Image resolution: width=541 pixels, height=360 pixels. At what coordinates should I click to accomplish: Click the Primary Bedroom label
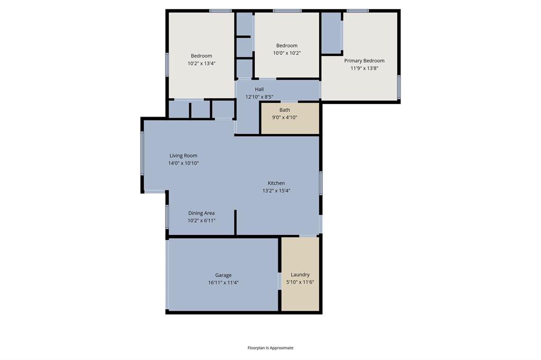coord(364,61)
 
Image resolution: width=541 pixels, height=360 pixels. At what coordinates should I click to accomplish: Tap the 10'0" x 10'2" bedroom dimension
coord(287,53)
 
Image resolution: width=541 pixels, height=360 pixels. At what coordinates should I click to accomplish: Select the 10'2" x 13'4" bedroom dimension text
coord(201,63)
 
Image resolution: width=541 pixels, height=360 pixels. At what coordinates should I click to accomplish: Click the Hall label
coord(259,89)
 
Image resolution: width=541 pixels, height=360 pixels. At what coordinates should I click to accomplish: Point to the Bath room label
coord(285,110)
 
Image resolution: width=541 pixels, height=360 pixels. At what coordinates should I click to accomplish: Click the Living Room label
coord(183,156)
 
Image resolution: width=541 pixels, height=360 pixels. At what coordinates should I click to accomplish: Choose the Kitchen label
coord(276,183)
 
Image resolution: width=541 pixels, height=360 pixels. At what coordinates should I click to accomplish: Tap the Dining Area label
coord(201,213)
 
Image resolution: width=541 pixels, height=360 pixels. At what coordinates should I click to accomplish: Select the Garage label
coord(223,275)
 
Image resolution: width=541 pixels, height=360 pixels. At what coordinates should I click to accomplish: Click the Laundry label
coord(300,274)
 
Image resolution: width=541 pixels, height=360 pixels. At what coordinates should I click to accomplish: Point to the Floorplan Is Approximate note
coord(270,348)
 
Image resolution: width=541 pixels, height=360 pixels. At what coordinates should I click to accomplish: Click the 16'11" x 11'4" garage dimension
coord(223,282)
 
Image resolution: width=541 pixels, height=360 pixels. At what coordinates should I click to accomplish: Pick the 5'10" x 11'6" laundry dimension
coord(300,282)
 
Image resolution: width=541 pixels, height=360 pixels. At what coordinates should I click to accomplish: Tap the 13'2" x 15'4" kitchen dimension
coord(276,191)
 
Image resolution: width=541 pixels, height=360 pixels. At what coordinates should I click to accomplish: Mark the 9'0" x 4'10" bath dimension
coord(285,117)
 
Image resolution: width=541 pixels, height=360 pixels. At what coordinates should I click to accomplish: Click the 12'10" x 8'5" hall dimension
coord(259,97)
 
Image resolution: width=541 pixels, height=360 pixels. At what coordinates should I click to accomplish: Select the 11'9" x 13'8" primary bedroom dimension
coord(364,68)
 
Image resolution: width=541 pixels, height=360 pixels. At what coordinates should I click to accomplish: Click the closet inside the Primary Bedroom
coord(331,33)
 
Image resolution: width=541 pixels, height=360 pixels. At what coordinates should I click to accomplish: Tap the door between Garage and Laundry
coord(279,281)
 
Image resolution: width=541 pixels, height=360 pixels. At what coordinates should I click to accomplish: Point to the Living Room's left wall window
coord(142,153)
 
